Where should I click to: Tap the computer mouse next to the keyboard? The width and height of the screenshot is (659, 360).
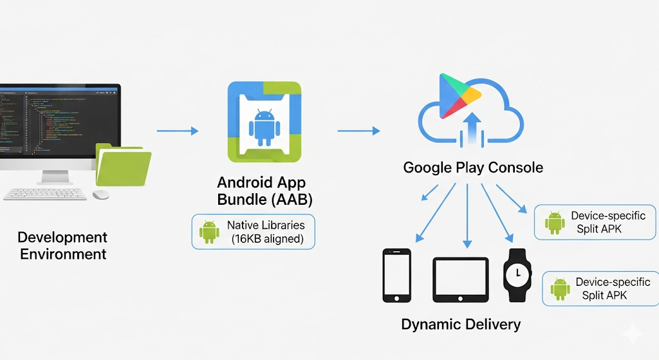[101, 194]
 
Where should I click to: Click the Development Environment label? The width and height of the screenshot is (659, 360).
[62, 245]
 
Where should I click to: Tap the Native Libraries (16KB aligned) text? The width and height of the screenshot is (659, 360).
[266, 232]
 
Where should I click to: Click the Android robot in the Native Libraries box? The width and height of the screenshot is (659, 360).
[209, 232]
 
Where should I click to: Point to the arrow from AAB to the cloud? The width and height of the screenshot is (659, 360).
[358, 131]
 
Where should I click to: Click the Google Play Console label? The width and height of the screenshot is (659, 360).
[473, 168]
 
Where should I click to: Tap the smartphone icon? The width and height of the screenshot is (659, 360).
[396, 275]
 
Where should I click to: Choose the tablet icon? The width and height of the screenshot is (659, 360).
[461, 279]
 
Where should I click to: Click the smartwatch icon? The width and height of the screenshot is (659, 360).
[517, 275]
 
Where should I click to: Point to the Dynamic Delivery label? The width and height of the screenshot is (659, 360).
[461, 324]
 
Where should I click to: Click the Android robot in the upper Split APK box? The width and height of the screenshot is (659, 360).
[554, 222]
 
